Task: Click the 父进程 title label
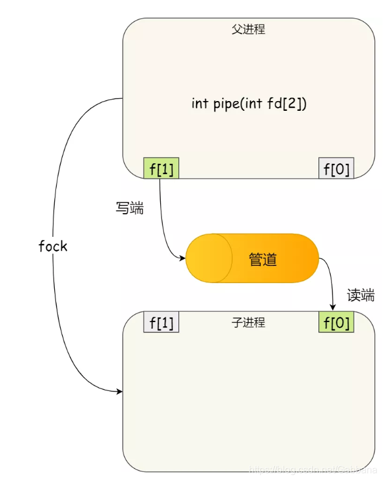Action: click(x=248, y=29)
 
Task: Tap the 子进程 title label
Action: click(x=248, y=323)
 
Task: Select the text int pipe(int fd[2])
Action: click(x=249, y=103)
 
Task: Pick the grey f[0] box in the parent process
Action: click(x=336, y=169)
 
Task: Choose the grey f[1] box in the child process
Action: click(x=161, y=323)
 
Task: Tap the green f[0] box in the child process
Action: click(x=336, y=323)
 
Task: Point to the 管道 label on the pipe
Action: click(x=263, y=259)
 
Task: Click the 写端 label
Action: click(x=130, y=208)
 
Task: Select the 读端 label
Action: click(x=361, y=295)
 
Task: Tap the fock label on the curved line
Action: click(x=53, y=246)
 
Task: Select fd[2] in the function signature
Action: click(x=287, y=103)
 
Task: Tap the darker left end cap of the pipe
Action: click(x=208, y=259)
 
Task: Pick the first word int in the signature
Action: click(x=200, y=103)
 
